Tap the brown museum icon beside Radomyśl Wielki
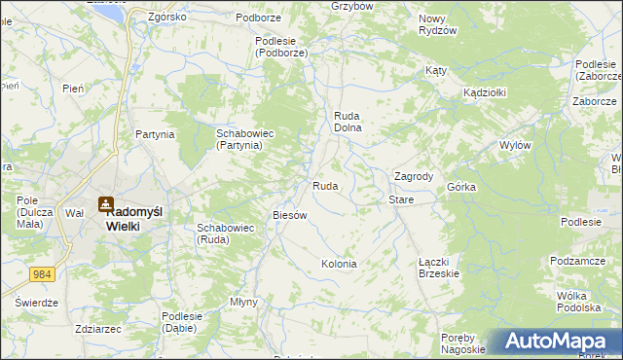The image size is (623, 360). pos(104,205)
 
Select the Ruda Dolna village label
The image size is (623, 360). pos(348,121)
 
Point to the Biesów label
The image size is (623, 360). pos(290,215)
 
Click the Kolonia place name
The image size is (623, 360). pos(339,264)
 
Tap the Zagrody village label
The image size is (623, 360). pos(413,176)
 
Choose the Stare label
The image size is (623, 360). pos(401,199)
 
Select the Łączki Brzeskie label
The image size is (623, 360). pos(439,268)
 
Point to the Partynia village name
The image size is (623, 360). pos(155,134)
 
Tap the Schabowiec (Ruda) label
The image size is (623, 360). pos(226,234)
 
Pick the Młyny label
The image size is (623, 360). pos(243,302)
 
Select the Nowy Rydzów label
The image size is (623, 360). pos(438,24)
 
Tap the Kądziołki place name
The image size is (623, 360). pos(484,91)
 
